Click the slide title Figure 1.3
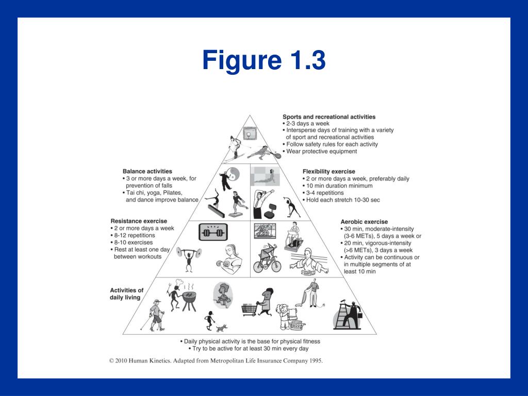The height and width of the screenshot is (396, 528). (x=264, y=60)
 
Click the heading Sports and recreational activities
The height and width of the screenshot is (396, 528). (x=329, y=117)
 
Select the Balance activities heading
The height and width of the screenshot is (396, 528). (x=147, y=171)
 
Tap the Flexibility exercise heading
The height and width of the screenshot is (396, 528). (x=328, y=172)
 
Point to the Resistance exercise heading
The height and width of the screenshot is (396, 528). (x=139, y=221)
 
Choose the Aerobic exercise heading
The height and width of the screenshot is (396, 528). (x=364, y=222)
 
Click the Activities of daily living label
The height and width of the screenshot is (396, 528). (x=127, y=294)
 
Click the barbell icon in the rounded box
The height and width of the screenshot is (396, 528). (x=213, y=232)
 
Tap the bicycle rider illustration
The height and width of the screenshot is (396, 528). (x=267, y=258)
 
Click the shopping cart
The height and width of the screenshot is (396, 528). (x=250, y=309)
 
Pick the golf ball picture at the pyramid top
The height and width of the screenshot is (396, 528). (x=250, y=134)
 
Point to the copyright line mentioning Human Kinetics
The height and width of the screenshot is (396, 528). (x=217, y=361)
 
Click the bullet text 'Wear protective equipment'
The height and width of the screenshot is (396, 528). (x=321, y=152)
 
